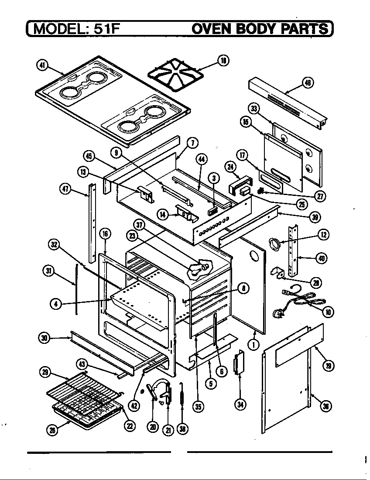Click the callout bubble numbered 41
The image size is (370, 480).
(42, 65)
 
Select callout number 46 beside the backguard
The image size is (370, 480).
(308, 83)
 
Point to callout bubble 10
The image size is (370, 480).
(325, 312)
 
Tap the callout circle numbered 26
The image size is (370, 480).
(53, 430)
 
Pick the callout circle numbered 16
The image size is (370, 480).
(105, 234)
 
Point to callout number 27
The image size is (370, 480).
(320, 196)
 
